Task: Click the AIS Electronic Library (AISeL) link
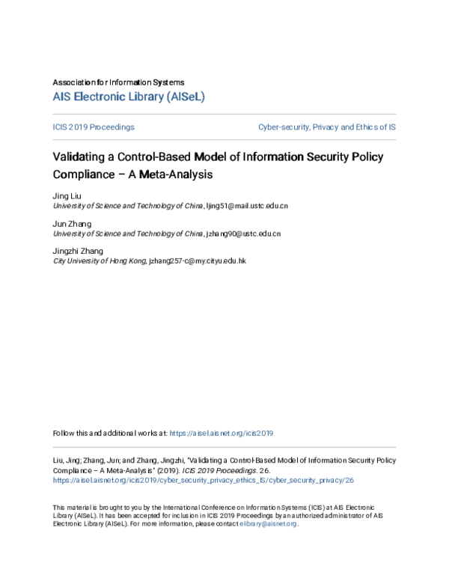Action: (129, 97)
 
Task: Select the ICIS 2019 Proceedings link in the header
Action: (94, 127)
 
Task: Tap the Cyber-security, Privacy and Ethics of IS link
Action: (327, 127)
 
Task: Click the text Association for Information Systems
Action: (118, 82)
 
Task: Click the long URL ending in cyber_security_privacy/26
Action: (203, 480)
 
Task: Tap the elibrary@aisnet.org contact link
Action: (268, 524)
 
